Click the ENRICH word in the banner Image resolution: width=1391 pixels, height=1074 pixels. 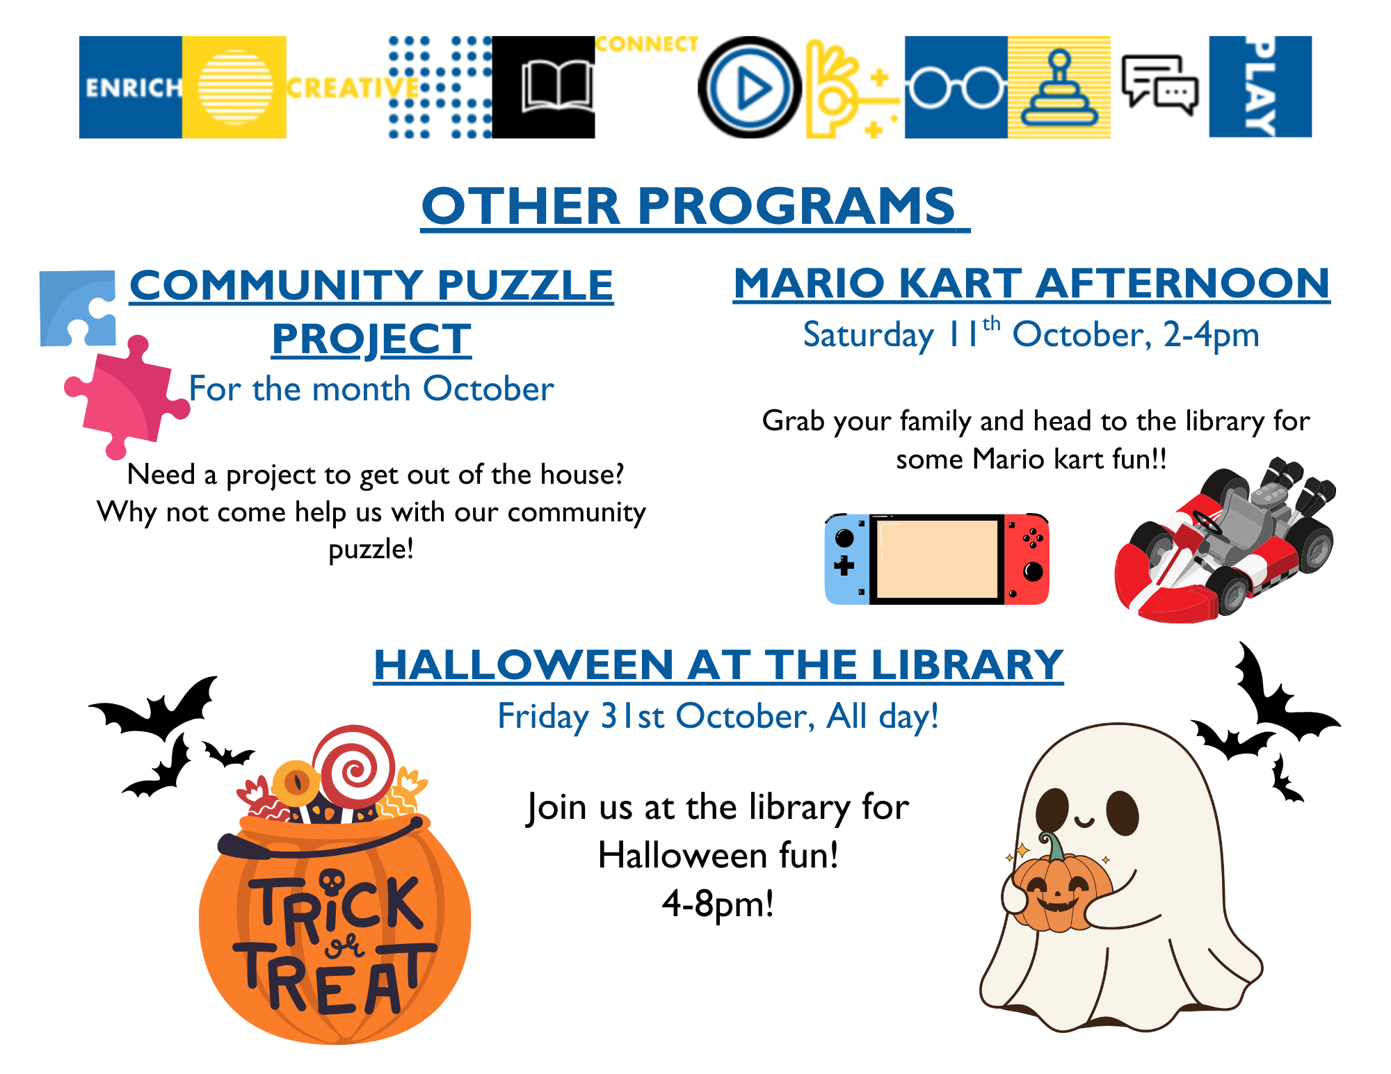(x=132, y=88)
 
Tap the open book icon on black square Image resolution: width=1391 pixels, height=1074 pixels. (x=556, y=87)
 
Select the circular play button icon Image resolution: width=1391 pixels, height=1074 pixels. (x=750, y=88)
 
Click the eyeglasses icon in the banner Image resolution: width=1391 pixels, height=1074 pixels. (x=955, y=88)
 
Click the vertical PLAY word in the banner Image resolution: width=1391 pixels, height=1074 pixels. (x=1260, y=87)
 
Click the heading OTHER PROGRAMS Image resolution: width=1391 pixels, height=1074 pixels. (x=689, y=206)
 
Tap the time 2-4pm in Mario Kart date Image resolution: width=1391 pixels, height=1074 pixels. (x=1211, y=335)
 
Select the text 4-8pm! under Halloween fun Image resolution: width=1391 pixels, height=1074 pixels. (x=718, y=904)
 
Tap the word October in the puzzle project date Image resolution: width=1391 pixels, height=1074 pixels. (x=488, y=389)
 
